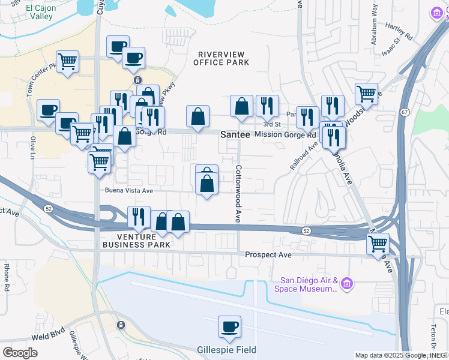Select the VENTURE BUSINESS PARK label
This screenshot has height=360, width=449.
(x=136, y=241)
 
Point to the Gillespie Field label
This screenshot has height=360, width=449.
(x=226, y=350)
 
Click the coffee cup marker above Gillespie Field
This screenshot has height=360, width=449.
(x=229, y=327)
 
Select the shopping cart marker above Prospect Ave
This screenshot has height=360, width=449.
(x=378, y=244)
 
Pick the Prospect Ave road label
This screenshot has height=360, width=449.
(x=268, y=255)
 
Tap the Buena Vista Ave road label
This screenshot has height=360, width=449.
(x=129, y=191)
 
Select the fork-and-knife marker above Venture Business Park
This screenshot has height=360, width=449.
(x=139, y=217)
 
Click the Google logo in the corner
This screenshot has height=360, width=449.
(x=20, y=352)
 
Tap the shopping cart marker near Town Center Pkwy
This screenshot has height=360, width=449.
(x=68, y=61)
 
